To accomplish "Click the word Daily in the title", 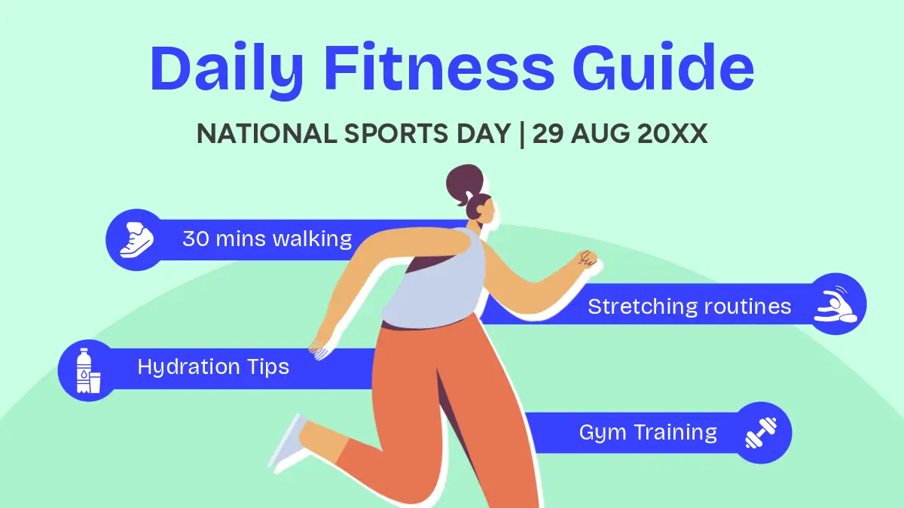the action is pos(227,69).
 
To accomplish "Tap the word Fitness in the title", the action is pos(438,67).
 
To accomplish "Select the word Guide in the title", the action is pos(664,67).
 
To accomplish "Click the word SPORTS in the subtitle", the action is pos(396,133).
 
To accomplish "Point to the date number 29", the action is pos(548,133).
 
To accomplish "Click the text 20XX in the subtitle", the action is pos(672,133).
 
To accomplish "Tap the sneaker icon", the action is pos(136,240).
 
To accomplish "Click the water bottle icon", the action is pos(88,370).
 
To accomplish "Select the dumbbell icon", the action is pos(761,433).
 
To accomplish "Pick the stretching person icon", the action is pos(835,304).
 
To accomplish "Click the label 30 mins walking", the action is pos(267,239).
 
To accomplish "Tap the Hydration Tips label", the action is pos(213,367).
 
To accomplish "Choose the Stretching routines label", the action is pos(689,306).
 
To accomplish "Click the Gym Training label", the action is pos(648,433).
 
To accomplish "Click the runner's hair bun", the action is pos(465,182).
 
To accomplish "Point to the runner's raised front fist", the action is pos(586,258).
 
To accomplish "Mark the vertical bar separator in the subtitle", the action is pos(522,134).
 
